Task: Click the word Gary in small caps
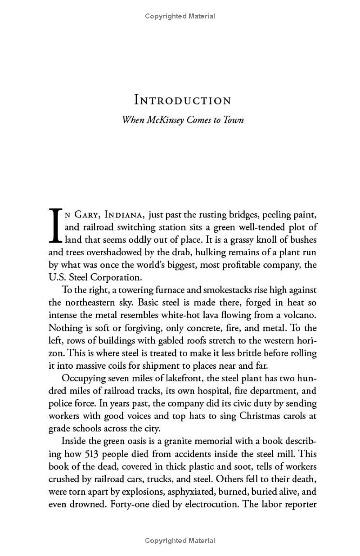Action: point(87,215)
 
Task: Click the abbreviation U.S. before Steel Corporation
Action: point(57,277)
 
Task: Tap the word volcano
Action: point(301,315)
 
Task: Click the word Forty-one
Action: point(128,504)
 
